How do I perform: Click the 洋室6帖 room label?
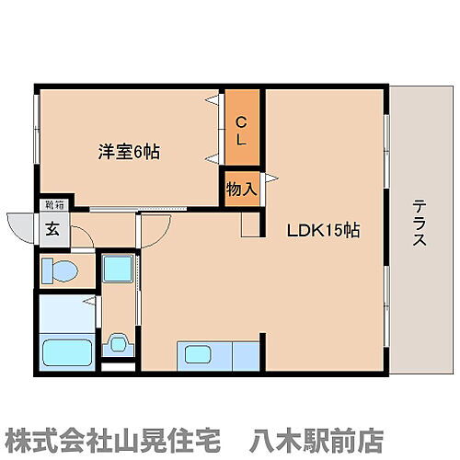pos(129,151)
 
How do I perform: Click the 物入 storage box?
pos(241,189)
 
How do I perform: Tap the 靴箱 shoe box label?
pos(54,206)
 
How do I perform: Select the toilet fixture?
pos(63,270)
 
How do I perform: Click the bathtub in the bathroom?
pos(65,351)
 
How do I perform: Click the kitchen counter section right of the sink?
pos(244,354)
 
